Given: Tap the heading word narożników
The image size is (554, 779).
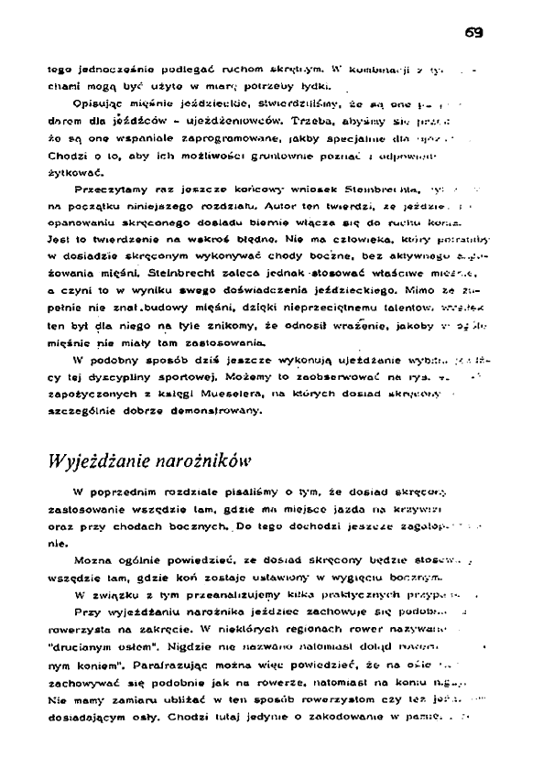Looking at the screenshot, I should (x=199, y=458).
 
